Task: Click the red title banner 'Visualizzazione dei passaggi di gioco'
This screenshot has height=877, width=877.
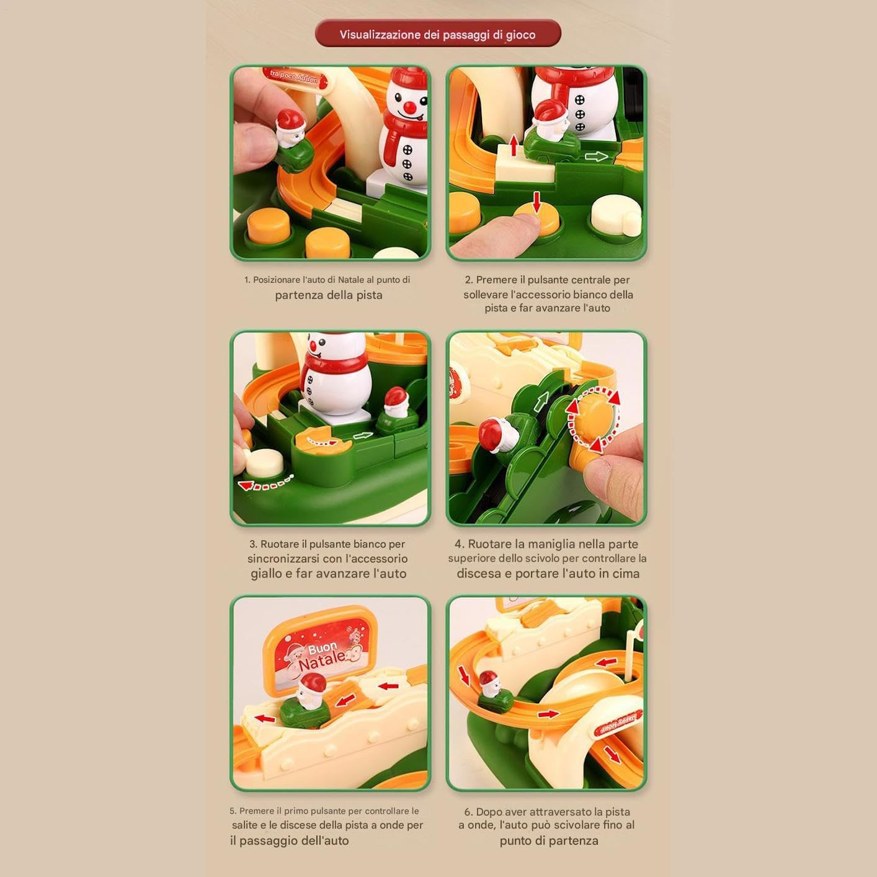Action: (438, 33)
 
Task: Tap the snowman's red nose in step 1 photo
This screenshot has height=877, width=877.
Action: (411, 108)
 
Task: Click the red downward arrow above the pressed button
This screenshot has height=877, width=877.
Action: (537, 202)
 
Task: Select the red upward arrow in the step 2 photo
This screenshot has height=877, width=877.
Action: (514, 145)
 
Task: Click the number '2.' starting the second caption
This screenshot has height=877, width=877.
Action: (469, 280)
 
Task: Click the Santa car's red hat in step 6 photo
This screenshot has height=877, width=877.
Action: (488, 678)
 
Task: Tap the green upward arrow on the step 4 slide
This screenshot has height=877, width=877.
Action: (541, 401)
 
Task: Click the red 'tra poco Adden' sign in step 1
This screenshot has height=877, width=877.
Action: (295, 77)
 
